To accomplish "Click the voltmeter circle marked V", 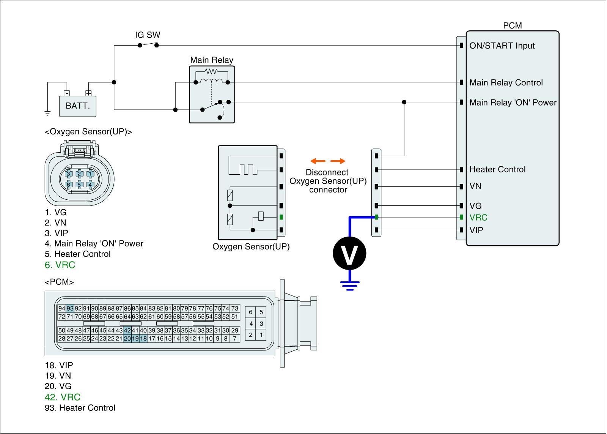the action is click(349, 253).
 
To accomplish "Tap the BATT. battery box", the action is click(78, 106).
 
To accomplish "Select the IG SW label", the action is click(148, 35).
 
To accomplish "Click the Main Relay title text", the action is click(212, 60).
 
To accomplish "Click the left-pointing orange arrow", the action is click(318, 161).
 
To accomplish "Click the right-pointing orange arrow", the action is click(338, 161).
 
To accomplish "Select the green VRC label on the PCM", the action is click(478, 218).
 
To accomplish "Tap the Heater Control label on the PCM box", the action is click(497, 169).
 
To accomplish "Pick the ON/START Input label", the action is click(502, 46).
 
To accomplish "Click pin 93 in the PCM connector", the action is click(70, 308).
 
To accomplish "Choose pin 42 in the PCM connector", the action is click(127, 330).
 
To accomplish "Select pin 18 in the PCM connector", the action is click(144, 339).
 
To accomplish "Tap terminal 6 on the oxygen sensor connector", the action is click(69, 185).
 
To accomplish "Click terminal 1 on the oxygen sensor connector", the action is click(90, 174).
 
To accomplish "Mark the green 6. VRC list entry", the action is click(60, 265).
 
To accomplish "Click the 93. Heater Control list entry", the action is click(80, 408).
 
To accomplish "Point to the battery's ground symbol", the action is click(47, 114).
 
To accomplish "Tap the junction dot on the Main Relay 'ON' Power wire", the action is click(404, 102).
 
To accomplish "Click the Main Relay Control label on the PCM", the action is click(506, 82).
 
